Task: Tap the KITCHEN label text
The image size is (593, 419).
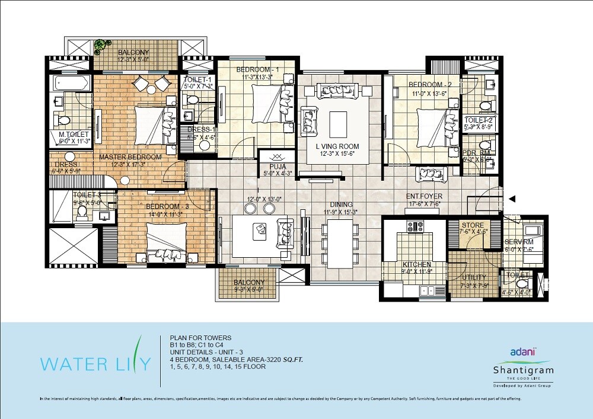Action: point(416,264)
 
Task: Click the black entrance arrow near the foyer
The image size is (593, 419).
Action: point(511,199)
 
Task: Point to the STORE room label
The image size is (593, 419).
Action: point(473,226)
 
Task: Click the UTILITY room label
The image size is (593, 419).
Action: point(473,277)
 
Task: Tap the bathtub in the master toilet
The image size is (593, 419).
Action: point(71,82)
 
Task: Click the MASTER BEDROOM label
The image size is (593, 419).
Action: point(130,157)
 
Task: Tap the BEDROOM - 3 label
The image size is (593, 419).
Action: point(167,207)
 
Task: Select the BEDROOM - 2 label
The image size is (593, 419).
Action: point(430,85)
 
